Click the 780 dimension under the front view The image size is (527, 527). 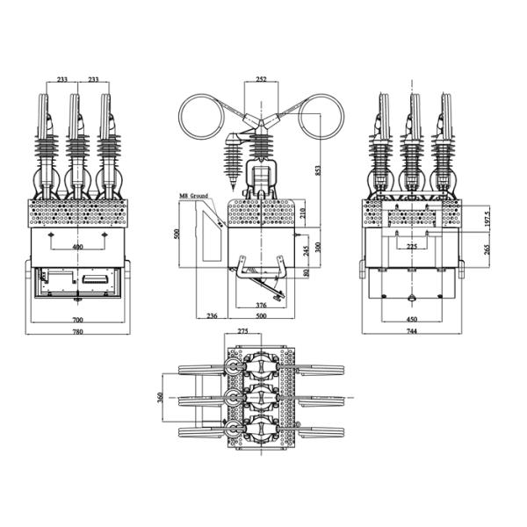click(x=79, y=331)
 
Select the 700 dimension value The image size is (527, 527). click(x=79, y=320)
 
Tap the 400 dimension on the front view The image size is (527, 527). click(x=79, y=248)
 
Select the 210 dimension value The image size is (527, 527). click(x=303, y=213)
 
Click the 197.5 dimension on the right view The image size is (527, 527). click(x=487, y=220)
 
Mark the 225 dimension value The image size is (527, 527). click(x=411, y=247)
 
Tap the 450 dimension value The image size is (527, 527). click(x=411, y=320)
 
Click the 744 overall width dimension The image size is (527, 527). click(x=411, y=331)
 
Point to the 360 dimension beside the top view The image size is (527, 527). click(x=159, y=397)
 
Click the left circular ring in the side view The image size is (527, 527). click(x=204, y=117)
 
